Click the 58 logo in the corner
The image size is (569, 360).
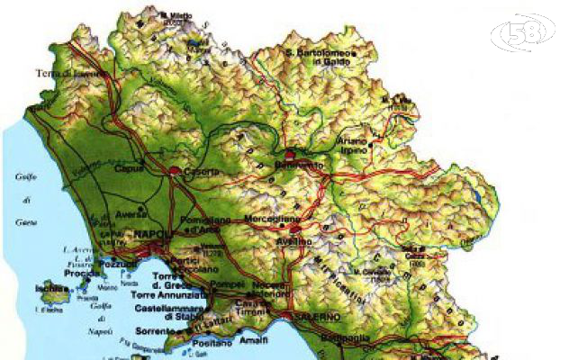[529, 33]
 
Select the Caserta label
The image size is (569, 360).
[198, 172]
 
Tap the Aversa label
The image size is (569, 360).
[132, 214]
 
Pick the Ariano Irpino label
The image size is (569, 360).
[353, 145]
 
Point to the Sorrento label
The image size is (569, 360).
[158, 332]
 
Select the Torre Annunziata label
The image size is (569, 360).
[172, 294]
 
